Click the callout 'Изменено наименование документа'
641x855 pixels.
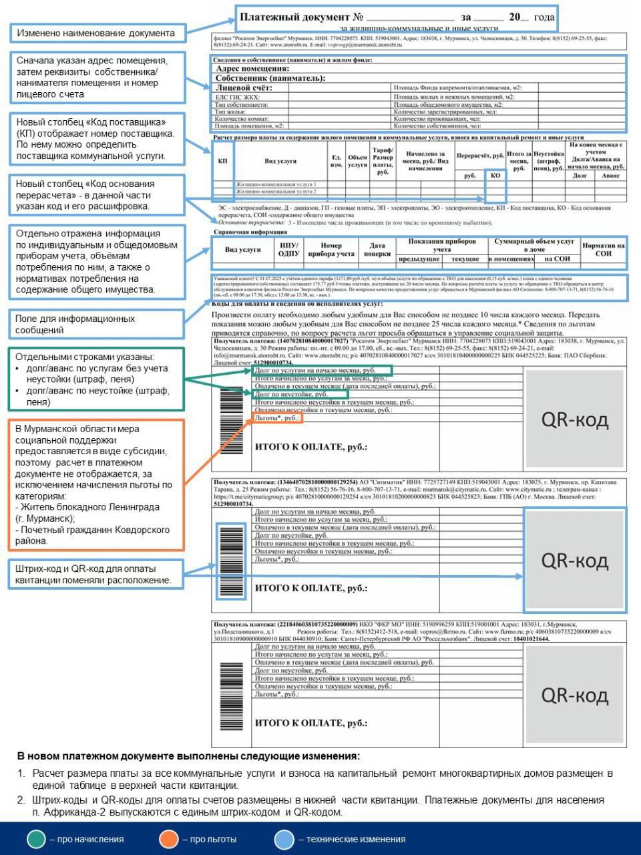[97, 33]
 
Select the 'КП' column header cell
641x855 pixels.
[222, 161]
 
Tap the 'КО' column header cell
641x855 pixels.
[495, 176]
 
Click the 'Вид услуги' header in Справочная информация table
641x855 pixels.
[242, 250]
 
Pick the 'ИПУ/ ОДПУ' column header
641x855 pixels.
[288, 250]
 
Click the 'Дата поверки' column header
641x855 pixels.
[377, 250]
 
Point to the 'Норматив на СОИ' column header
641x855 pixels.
[603, 250]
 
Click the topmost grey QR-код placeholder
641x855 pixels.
[574, 419]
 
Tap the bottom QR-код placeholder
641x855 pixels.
[574, 695]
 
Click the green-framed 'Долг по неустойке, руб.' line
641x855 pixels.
[300, 395]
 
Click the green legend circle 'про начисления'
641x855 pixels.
[36, 839]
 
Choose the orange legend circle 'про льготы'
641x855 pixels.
[169, 839]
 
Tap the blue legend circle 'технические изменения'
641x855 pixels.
[284, 839]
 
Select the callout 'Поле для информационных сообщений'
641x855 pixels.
[97, 324]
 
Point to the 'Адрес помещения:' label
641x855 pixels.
[252, 68]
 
